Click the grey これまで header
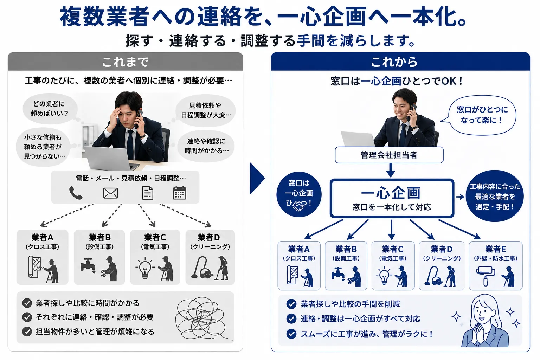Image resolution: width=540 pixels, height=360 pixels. pos(126,62)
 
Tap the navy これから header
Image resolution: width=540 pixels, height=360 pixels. pos(400,62)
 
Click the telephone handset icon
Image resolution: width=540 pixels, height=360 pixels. pos(76,193)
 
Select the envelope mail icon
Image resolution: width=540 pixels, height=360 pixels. pos(110,193)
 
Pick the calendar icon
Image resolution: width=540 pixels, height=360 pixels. pos(179,193)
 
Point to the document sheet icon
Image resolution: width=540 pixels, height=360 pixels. pos(148,193)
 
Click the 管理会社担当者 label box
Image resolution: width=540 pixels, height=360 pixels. pos(389,155)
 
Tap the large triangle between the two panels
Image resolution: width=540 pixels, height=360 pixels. pos(257,179)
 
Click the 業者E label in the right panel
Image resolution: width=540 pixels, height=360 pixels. pos(495,249)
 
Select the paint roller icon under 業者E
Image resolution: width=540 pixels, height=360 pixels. pos(486,276)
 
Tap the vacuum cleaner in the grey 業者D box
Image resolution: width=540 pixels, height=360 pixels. pos(202,268)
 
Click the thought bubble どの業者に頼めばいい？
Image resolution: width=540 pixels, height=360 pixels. pos(50,109)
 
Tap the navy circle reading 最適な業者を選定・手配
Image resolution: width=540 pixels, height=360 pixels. pos(495,196)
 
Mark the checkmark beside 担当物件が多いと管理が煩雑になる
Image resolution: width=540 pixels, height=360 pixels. pos(27,332)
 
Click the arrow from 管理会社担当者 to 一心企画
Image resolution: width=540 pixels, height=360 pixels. pos(391,170)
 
